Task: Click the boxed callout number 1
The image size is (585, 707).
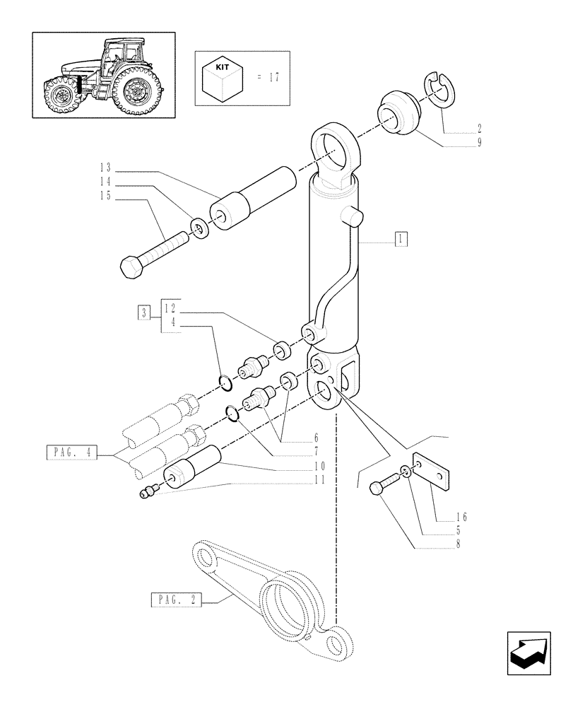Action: tap(400, 239)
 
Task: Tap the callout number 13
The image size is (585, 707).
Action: tap(105, 168)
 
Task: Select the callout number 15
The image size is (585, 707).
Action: tap(105, 196)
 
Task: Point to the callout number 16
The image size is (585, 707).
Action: tap(461, 517)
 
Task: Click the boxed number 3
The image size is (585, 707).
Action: tap(144, 312)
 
